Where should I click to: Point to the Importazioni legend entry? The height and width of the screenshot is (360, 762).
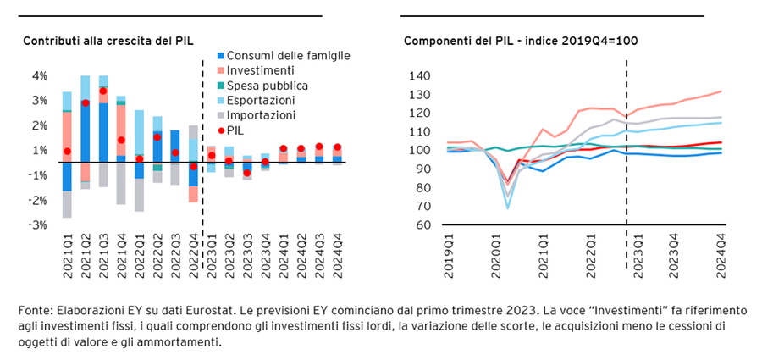coord(265,115)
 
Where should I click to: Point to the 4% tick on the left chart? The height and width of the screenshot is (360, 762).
coord(40,76)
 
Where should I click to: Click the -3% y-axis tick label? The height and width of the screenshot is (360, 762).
coord(38,225)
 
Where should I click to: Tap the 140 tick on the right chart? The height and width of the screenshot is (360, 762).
coord(420,76)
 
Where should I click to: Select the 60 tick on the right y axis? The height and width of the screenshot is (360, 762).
coord(422,225)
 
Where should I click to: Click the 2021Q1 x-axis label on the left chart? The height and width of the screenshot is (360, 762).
coord(67,254)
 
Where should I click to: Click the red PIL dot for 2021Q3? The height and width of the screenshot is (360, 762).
coord(103,91)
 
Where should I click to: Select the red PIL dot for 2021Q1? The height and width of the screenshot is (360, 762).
coord(67,152)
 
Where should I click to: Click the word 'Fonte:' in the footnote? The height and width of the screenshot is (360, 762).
coord(35,312)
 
